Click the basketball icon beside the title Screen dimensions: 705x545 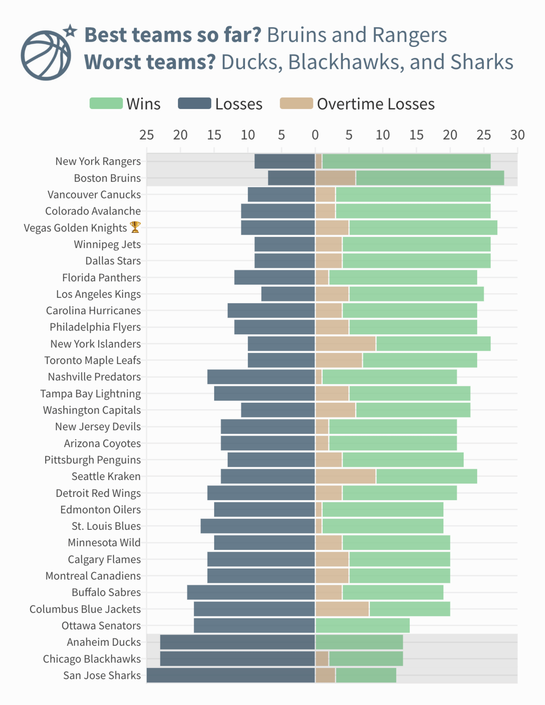point(46,55)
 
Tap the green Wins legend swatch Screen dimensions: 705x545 point(106,103)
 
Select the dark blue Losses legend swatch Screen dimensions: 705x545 point(194,103)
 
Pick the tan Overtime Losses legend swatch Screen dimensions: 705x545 point(296,103)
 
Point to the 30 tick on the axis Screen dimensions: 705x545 point(517,135)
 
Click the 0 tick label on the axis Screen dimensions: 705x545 point(315,135)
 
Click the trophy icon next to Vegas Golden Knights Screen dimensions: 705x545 point(135,227)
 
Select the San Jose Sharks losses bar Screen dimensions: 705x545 point(231,675)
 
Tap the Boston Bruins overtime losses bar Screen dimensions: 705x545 point(335,178)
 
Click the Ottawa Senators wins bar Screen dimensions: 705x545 point(362,625)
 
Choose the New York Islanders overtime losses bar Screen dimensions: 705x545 point(345,344)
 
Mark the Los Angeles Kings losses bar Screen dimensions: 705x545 point(288,294)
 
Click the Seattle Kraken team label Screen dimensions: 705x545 point(106,476)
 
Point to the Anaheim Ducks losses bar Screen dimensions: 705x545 point(237,642)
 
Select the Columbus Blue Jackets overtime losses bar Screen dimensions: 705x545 point(342,609)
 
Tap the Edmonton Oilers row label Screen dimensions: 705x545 point(100,510)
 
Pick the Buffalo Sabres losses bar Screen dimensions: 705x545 point(251,592)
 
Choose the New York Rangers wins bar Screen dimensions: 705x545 point(406,161)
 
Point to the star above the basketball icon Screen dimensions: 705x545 point(70,31)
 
